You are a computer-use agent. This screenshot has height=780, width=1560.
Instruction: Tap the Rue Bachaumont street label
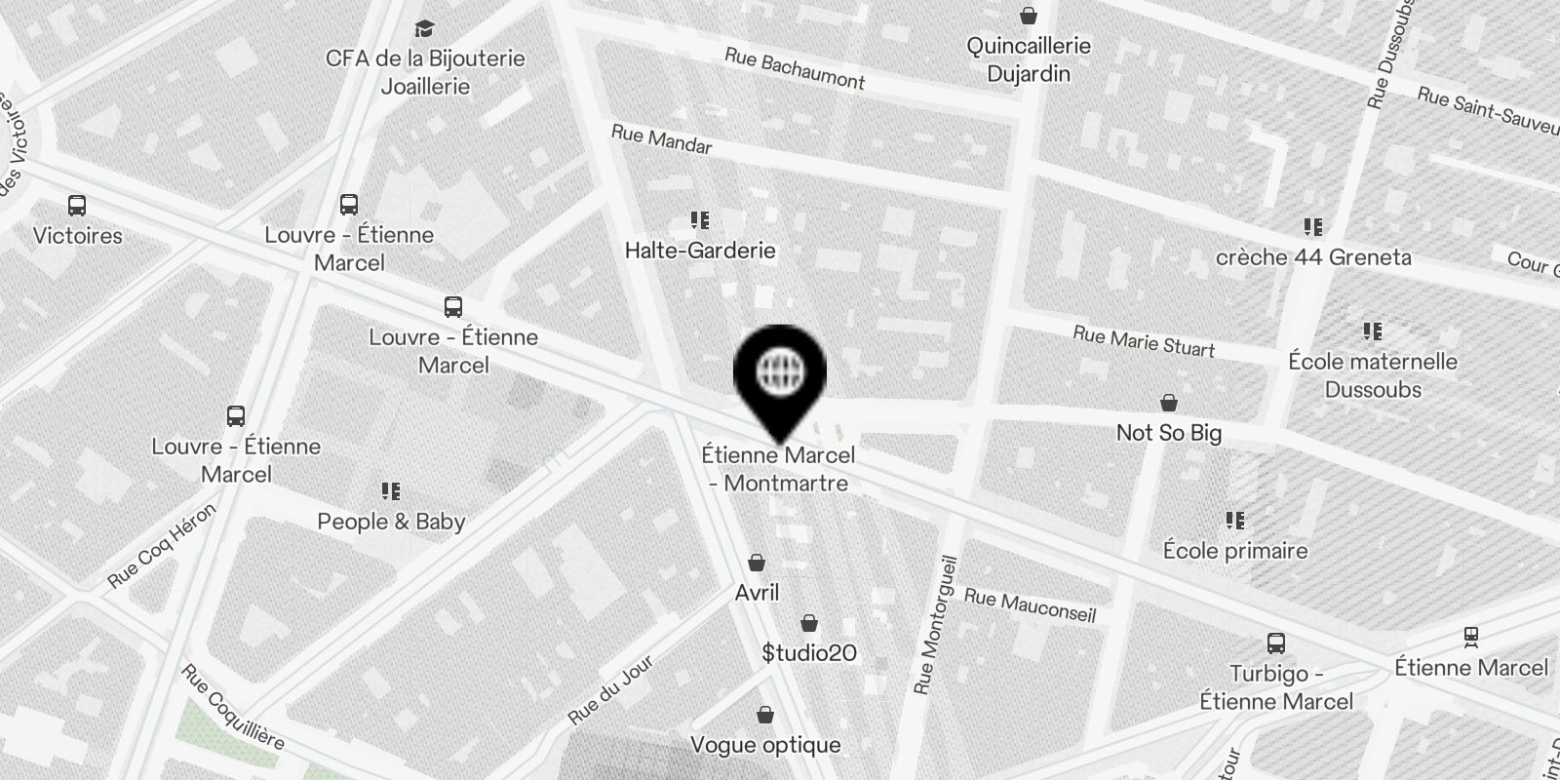pyautogui.click(x=794, y=69)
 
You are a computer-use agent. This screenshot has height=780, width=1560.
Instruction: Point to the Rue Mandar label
pyautogui.click(x=661, y=139)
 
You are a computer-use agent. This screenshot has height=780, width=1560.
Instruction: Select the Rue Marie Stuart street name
pyautogui.click(x=1144, y=341)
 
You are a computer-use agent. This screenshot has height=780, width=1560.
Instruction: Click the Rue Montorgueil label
pyautogui.click(x=936, y=625)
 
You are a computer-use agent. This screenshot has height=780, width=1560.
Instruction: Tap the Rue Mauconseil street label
pyautogui.click(x=1030, y=605)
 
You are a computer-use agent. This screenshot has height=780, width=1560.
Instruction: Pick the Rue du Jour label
pyautogui.click(x=610, y=691)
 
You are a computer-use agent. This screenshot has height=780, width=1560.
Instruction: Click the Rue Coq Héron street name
pyautogui.click(x=162, y=546)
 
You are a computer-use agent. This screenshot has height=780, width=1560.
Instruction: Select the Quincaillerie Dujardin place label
pyautogui.click(x=1029, y=59)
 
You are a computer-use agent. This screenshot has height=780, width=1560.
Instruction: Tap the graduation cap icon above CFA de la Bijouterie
pyautogui.click(x=424, y=28)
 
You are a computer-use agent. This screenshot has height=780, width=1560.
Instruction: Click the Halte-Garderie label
pyautogui.click(x=700, y=251)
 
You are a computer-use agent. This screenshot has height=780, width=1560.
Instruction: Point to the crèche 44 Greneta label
pyautogui.click(x=1313, y=257)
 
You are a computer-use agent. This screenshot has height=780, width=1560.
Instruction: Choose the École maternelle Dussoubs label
pyautogui.click(x=1373, y=375)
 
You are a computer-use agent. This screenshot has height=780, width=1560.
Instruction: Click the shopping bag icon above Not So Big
pyautogui.click(x=1168, y=403)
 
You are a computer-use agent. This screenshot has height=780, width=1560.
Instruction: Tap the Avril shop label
pyautogui.click(x=757, y=593)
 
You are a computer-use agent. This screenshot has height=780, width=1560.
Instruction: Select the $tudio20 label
pyautogui.click(x=809, y=652)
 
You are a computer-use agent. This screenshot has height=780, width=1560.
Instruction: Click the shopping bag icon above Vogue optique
pyautogui.click(x=765, y=716)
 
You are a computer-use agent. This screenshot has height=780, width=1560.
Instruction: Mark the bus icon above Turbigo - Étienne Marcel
pyautogui.click(x=1275, y=643)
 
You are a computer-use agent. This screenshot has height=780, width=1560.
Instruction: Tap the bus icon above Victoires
pyautogui.click(x=77, y=206)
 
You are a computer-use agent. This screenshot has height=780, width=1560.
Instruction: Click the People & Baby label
pyautogui.click(x=391, y=522)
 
